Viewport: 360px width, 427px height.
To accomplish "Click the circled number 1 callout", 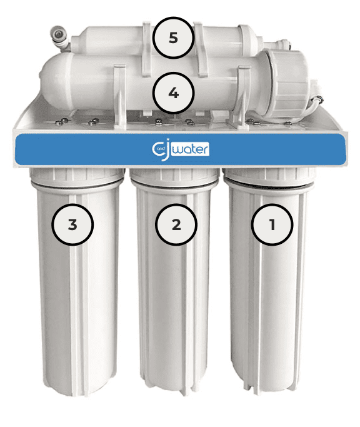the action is (272, 224).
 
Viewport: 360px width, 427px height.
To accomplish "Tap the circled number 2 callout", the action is (176, 224).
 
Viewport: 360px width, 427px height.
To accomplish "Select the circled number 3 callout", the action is (72, 224).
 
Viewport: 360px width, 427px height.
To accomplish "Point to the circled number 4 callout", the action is (174, 93).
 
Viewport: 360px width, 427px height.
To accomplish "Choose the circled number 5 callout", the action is (174, 38).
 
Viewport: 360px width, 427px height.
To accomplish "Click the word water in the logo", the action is (191, 149).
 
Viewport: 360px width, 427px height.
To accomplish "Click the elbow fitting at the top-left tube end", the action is (60, 38).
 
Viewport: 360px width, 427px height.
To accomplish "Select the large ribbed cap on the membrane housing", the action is (288, 84).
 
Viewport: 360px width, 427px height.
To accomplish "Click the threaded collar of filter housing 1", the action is (269, 178).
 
